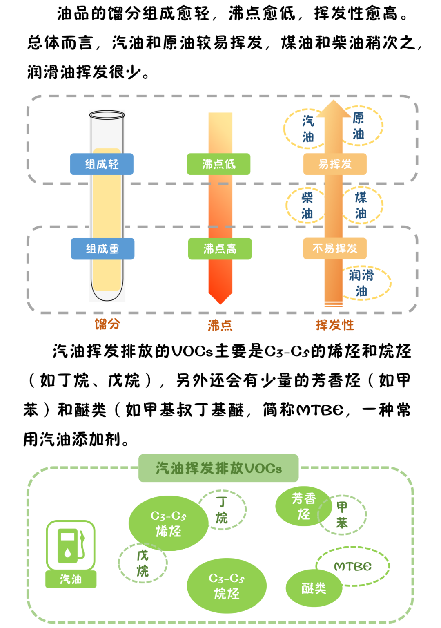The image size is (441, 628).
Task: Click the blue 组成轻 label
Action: (x=102, y=164)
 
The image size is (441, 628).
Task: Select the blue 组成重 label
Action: (x=102, y=248)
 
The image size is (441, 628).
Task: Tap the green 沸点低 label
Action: (x=218, y=164)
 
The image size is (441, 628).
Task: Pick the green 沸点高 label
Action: (x=220, y=248)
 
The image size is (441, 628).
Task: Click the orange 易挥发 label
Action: (x=335, y=164)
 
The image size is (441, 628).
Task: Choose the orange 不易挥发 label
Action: (x=335, y=248)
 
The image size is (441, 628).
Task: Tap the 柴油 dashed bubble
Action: (x=307, y=206)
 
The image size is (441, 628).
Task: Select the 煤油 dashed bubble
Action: (x=361, y=206)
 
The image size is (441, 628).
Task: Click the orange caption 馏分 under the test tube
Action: (x=107, y=324)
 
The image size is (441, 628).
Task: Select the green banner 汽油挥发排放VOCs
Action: (x=218, y=468)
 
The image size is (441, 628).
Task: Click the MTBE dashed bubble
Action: (x=353, y=566)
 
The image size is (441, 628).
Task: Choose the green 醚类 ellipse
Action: (x=314, y=588)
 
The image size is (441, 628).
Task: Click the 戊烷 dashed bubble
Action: (x=143, y=563)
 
